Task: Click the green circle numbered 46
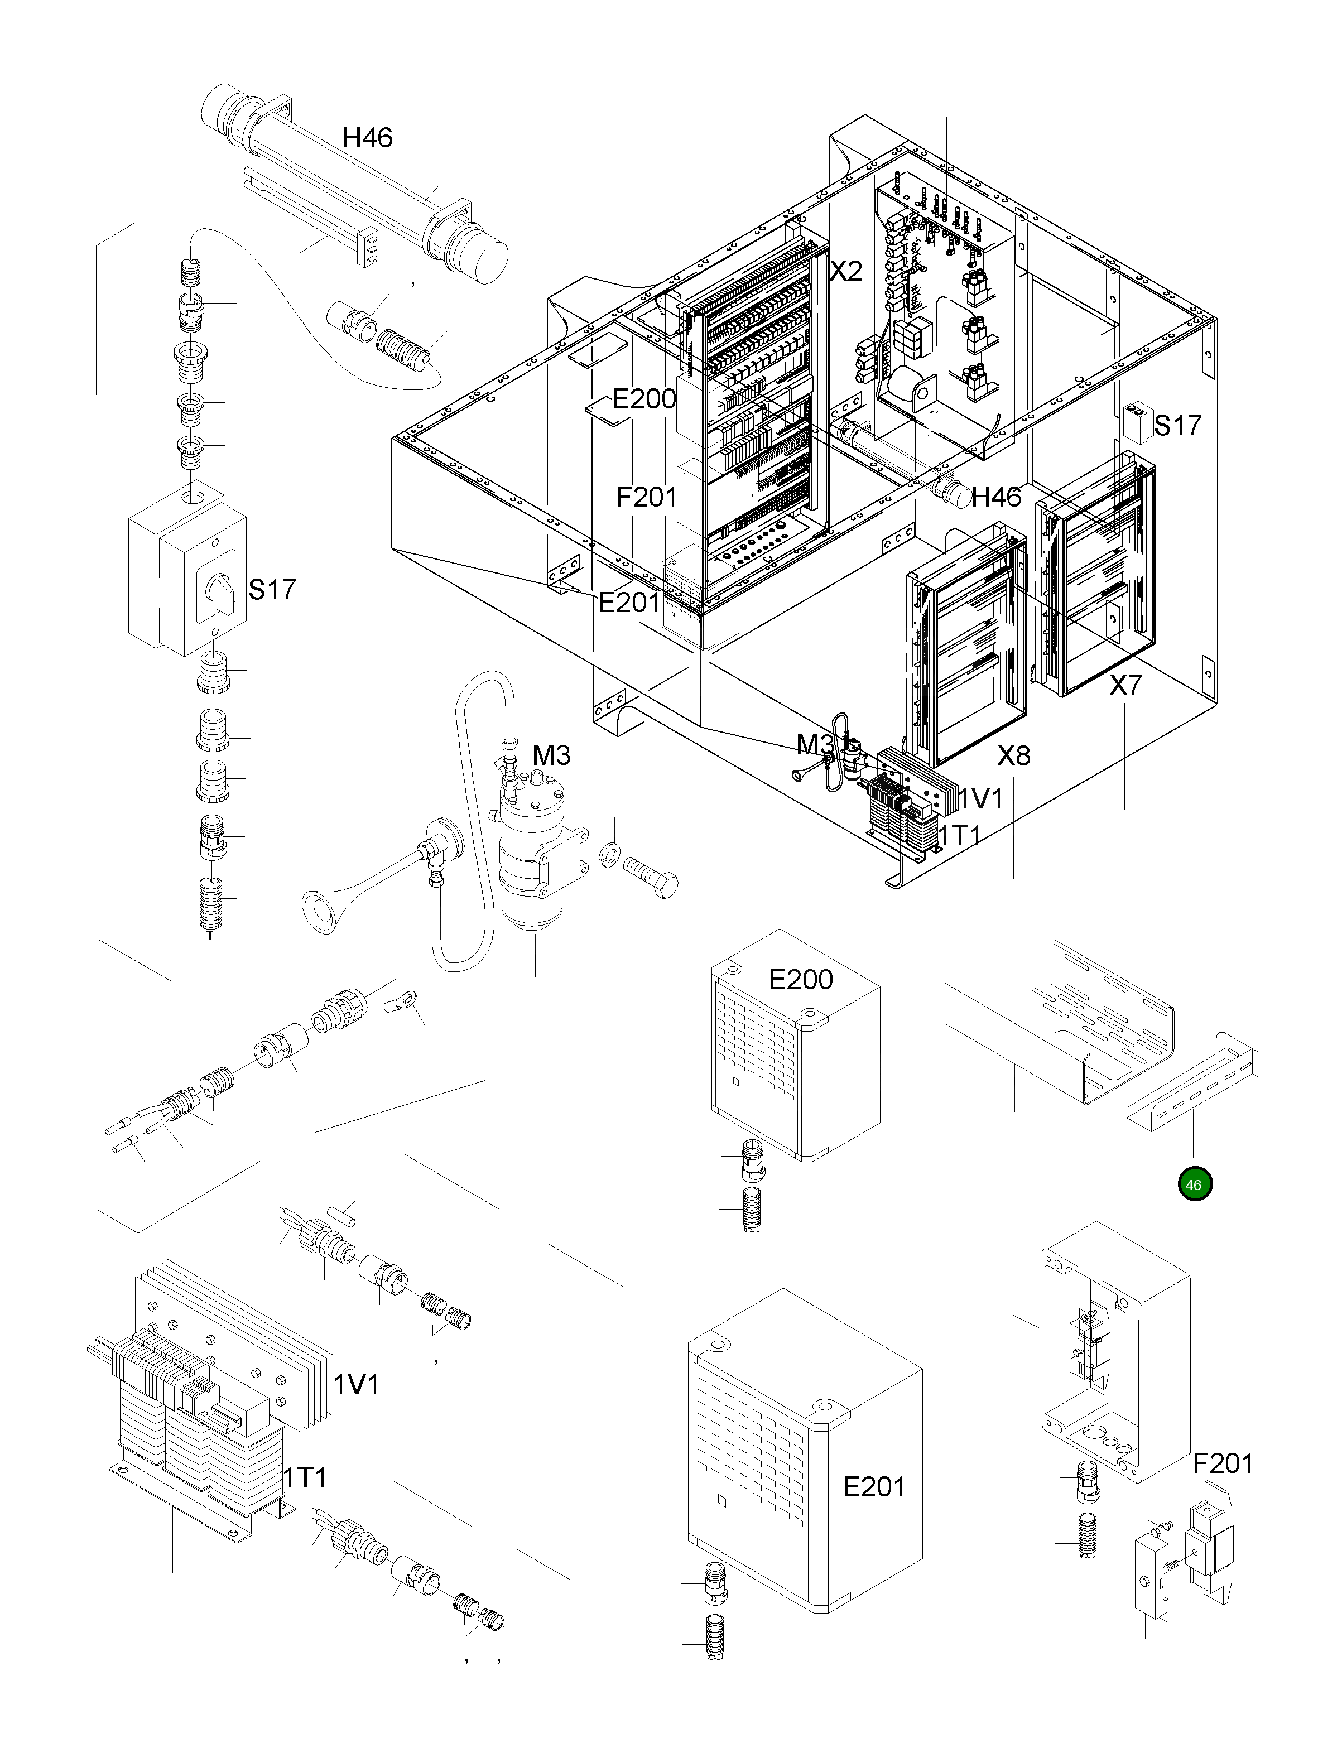pyautogui.click(x=1194, y=1184)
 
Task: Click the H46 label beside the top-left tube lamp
pyautogui.click(x=368, y=138)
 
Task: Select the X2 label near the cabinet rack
pyautogui.click(x=846, y=272)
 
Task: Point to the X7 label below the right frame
pyautogui.click(x=1125, y=685)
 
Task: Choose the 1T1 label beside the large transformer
pyautogui.click(x=306, y=1478)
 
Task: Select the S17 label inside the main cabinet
pyautogui.click(x=1177, y=426)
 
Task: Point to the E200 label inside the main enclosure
pyautogui.click(x=644, y=398)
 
